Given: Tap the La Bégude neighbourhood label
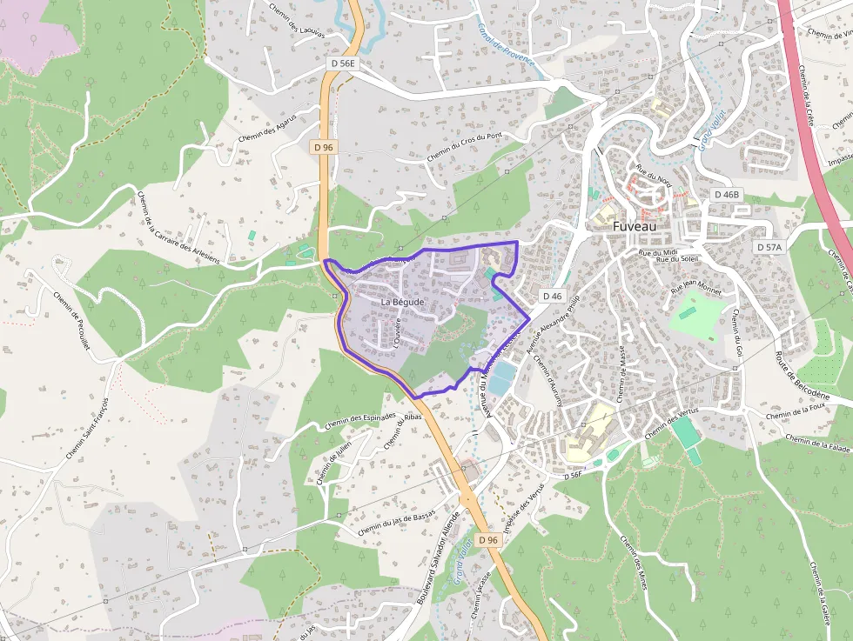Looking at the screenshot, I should pyautogui.click(x=402, y=302).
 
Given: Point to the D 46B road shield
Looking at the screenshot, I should pyautogui.click(x=725, y=194).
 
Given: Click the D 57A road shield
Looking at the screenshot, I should pyautogui.click(x=769, y=247).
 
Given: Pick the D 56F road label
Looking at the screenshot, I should pyautogui.click(x=572, y=476).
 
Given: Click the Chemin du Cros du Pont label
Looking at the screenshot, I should pyautogui.click(x=465, y=147).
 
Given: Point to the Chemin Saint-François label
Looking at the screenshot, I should pyautogui.click(x=86, y=430).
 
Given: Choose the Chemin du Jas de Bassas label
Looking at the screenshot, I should pyautogui.click(x=395, y=518).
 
